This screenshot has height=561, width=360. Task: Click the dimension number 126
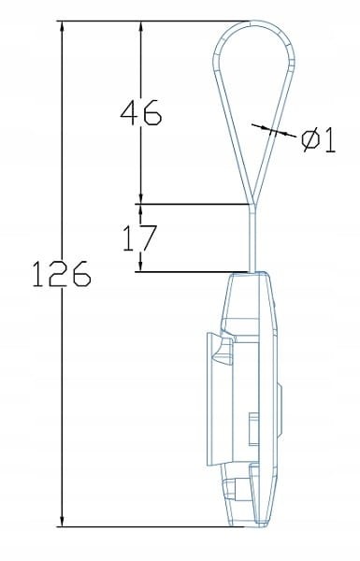click(x=58, y=275)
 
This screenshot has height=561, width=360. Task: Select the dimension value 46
click(x=140, y=113)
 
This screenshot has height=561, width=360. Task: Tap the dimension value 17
click(x=140, y=237)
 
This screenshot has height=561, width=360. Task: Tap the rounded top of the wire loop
click(x=250, y=22)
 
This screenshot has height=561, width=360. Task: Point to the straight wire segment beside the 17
click(x=250, y=237)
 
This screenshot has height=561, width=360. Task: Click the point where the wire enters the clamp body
click(x=250, y=272)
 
